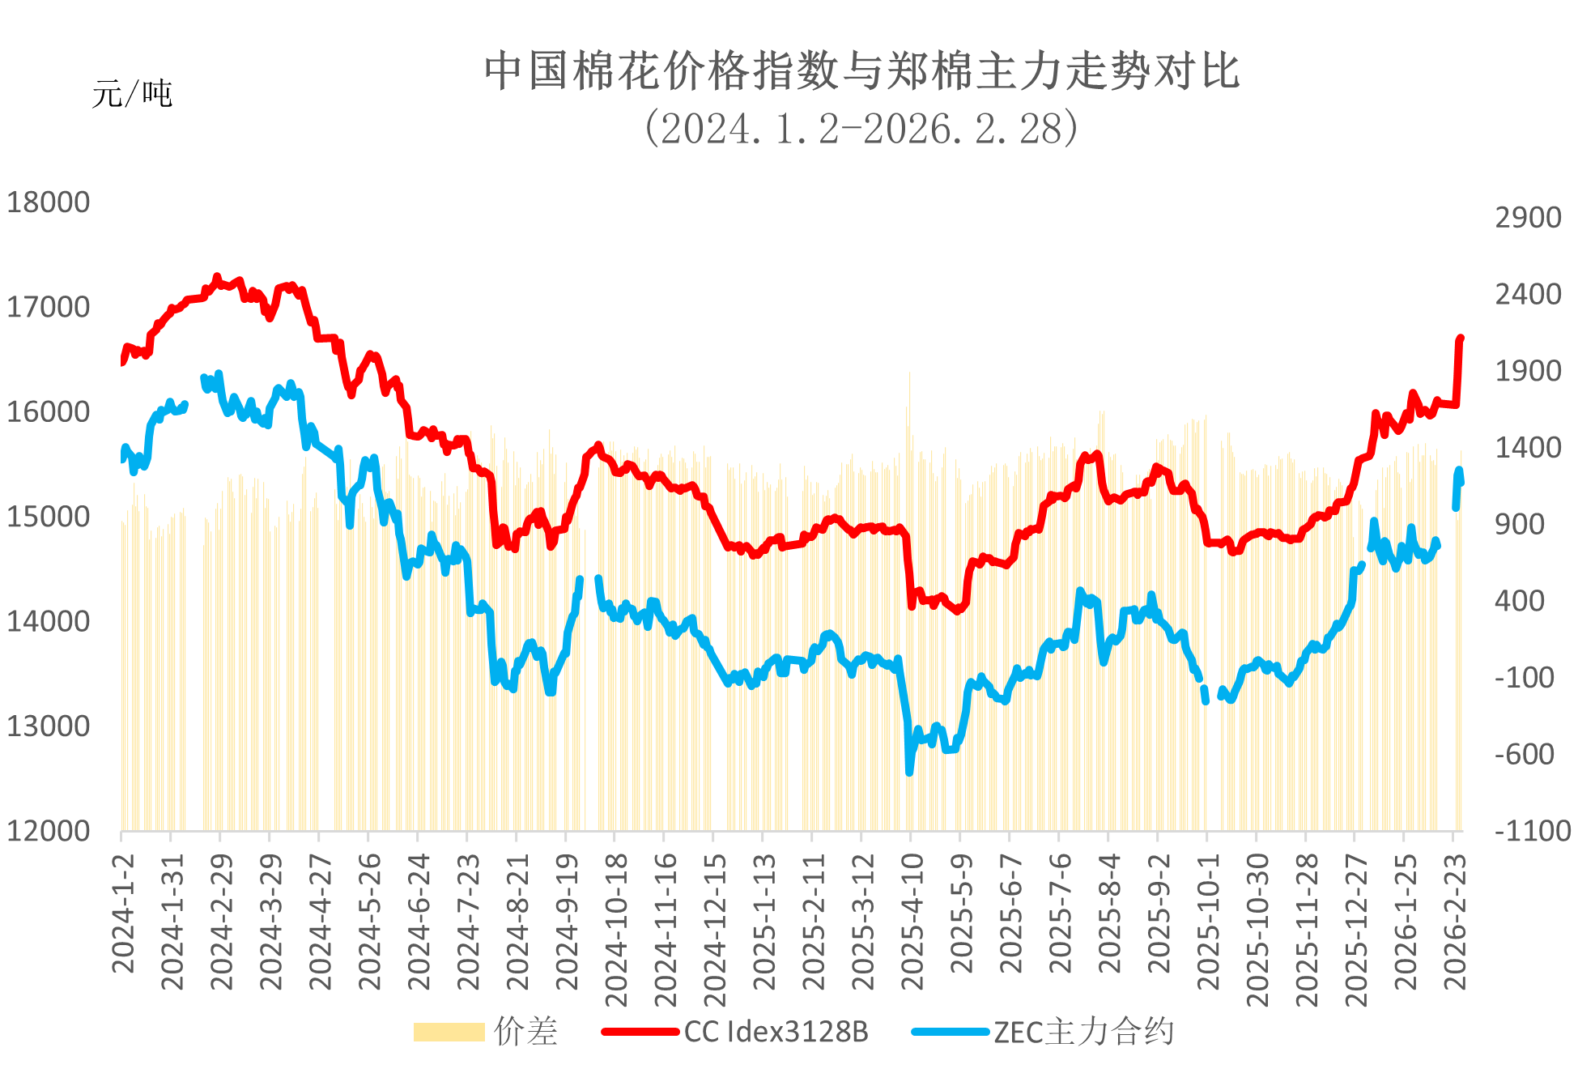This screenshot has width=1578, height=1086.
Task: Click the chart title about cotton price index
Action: click(x=861, y=70)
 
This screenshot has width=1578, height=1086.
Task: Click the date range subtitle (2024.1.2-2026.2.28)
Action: click(x=861, y=128)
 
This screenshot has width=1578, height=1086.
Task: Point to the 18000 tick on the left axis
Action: click(x=48, y=202)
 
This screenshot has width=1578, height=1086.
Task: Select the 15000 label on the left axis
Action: click(x=48, y=517)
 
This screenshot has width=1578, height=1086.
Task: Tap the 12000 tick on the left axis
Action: click(x=48, y=831)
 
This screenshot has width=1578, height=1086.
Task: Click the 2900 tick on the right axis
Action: click(x=1528, y=218)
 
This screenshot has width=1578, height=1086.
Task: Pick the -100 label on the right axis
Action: click(x=1525, y=677)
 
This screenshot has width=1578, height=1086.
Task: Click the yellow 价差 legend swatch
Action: click(x=449, y=1032)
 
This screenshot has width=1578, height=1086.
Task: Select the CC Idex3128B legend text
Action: click(x=776, y=1032)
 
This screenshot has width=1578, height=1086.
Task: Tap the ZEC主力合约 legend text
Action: click(x=1083, y=1032)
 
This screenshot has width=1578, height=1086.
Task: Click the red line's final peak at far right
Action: click(x=1461, y=338)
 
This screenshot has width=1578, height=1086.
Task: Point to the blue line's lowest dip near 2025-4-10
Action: click(x=909, y=772)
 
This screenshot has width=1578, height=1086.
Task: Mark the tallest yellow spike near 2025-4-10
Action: click(x=909, y=374)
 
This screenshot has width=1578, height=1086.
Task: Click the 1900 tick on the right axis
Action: click(x=1528, y=371)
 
